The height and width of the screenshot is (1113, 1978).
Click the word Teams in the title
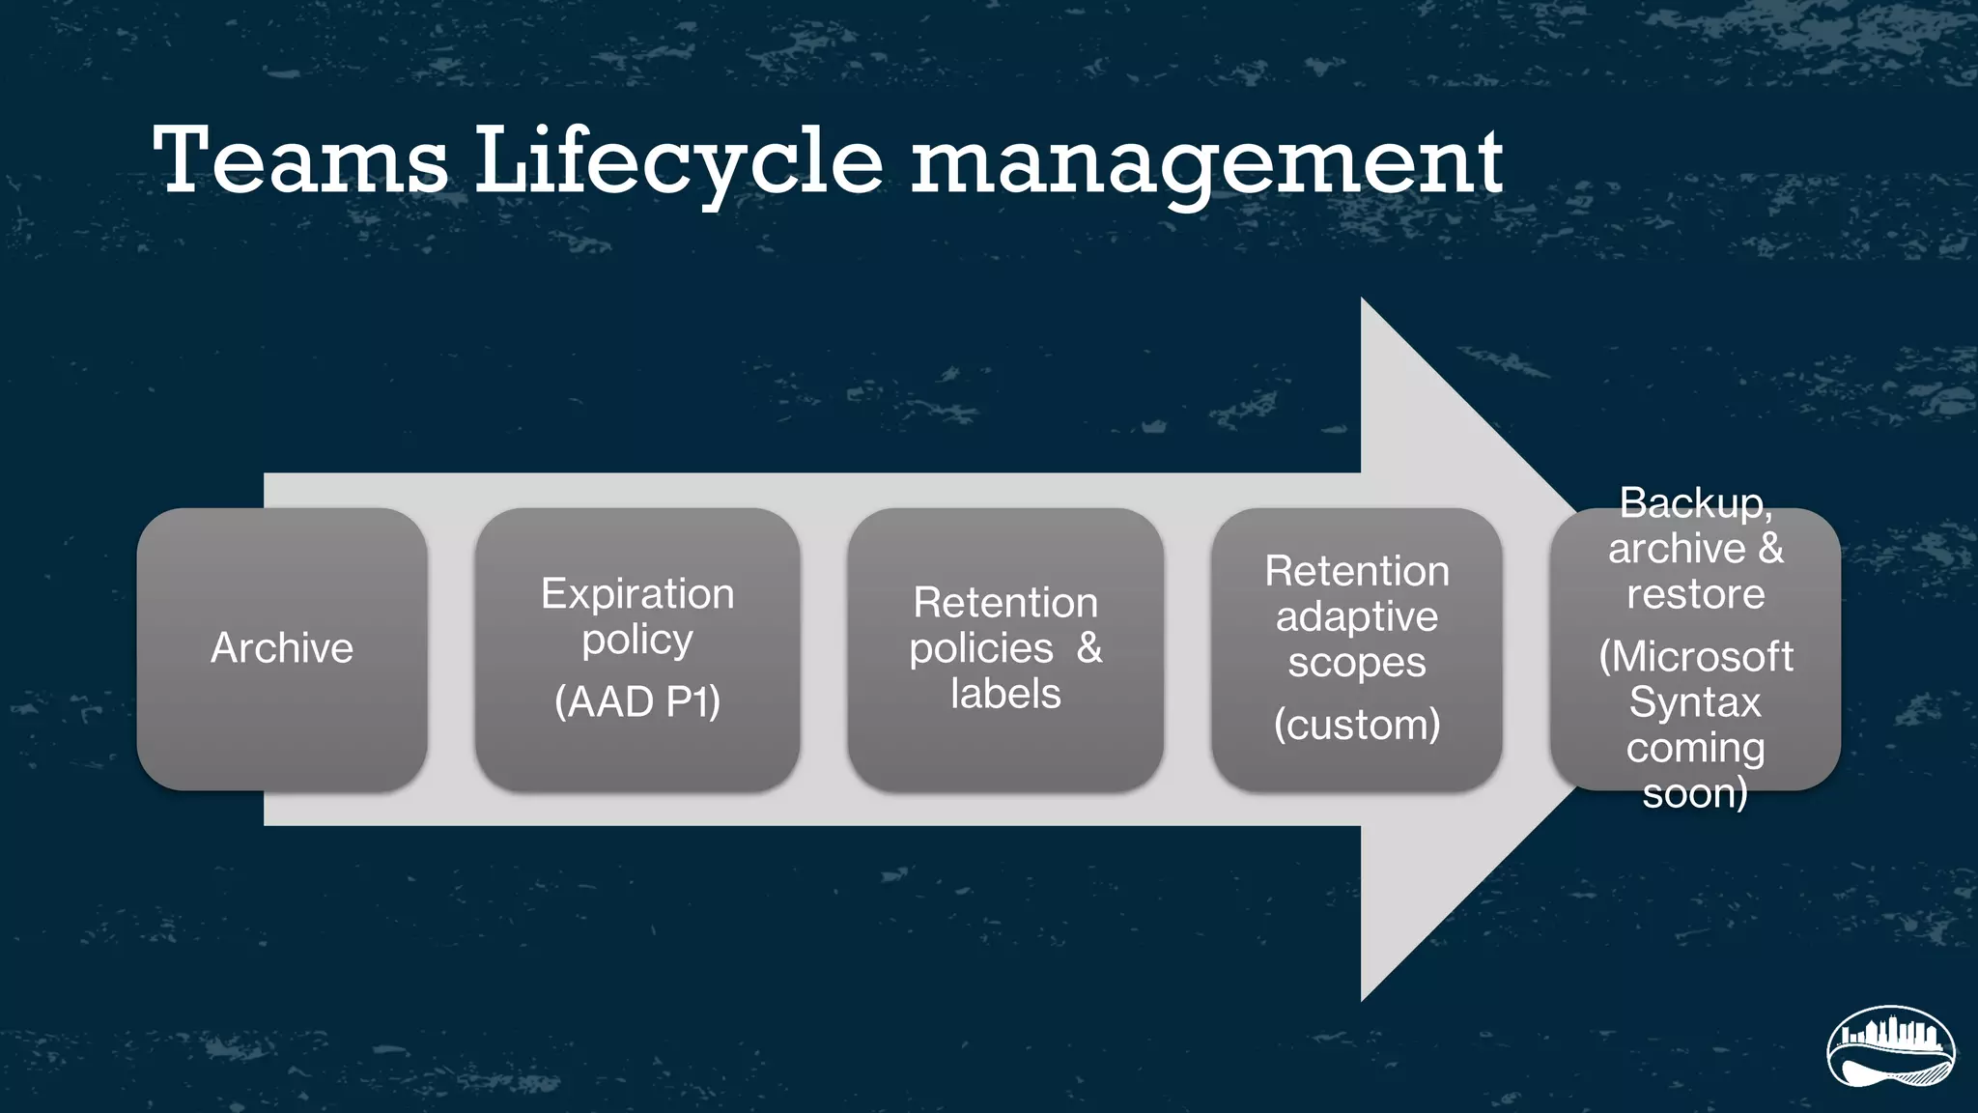pyautogui.click(x=300, y=160)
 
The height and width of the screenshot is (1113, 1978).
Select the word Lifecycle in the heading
pyautogui.click(x=678, y=162)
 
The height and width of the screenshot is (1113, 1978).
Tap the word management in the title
pyautogui.click(x=1206, y=162)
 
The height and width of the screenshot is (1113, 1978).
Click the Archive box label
pyautogui.click(x=282, y=648)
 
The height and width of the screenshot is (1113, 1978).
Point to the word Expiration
pyautogui.click(x=637, y=593)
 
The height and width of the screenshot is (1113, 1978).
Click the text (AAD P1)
pyautogui.click(x=637, y=701)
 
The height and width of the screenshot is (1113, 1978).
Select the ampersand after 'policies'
pyautogui.click(x=1089, y=648)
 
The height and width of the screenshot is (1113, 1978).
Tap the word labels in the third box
pyautogui.click(x=1005, y=694)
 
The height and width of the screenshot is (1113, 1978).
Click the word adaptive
pyautogui.click(x=1357, y=616)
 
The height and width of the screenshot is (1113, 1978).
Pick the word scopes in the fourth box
pyautogui.click(x=1357, y=663)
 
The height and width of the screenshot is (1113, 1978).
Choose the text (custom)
pyautogui.click(x=1357, y=725)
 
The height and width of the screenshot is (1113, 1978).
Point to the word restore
pyautogui.click(x=1695, y=594)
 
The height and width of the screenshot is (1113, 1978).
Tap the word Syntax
pyautogui.click(x=1695, y=702)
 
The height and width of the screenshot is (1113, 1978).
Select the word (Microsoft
pyautogui.click(x=1696, y=657)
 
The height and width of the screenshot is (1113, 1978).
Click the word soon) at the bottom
pyautogui.click(x=1695, y=793)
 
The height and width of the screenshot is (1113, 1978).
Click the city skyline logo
pyautogui.click(x=1890, y=1047)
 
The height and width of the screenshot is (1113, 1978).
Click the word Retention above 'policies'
pyautogui.click(x=1005, y=603)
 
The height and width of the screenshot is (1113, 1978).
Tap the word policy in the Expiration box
pyautogui.click(x=637, y=640)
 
